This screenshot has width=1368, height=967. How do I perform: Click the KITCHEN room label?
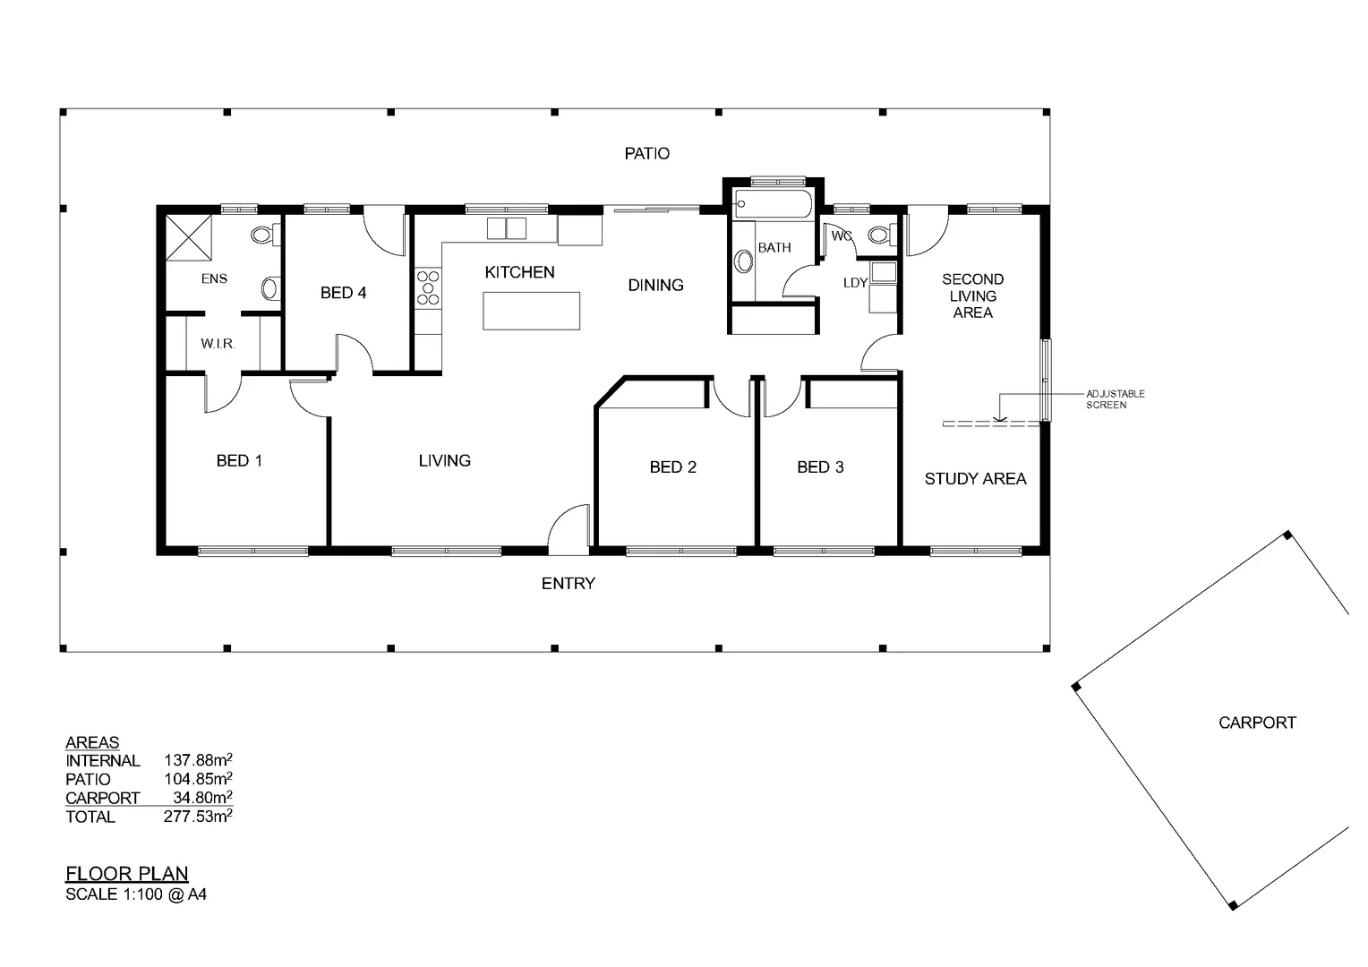(519, 272)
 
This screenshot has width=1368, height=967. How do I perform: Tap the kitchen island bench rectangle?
(532, 311)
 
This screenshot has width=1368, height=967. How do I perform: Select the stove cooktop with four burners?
(428, 289)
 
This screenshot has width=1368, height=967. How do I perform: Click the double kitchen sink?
(506, 228)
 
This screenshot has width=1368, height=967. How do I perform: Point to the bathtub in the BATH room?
(773, 205)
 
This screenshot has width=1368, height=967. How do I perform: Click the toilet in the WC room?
(879, 235)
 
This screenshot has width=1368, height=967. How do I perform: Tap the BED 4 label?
(343, 293)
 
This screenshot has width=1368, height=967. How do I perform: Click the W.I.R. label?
(218, 344)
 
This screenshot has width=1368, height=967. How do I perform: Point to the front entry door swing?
(569, 528)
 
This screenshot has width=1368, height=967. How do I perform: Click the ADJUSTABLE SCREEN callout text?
(1115, 399)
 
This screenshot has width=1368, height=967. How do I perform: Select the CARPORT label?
(1257, 723)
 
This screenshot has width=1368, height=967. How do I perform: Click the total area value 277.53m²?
(198, 816)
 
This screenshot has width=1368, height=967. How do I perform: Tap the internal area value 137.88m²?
(198, 760)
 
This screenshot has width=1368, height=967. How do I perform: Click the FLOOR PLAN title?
(127, 874)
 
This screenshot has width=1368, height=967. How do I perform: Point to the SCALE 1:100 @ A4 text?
(136, 894)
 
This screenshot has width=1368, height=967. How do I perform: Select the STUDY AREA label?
(975, 479)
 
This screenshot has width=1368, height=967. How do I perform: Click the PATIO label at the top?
(646, 154)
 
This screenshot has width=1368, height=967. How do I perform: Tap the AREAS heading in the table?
(92, 743)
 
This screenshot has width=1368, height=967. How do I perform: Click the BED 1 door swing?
(221, 394)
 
